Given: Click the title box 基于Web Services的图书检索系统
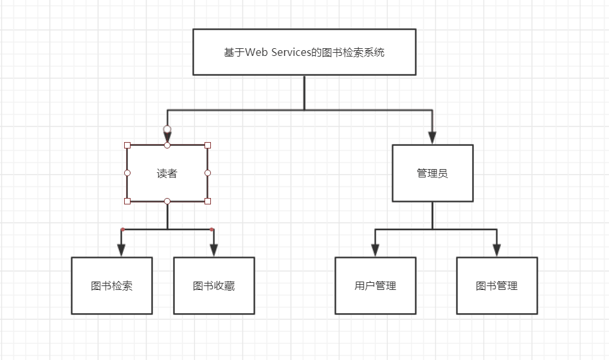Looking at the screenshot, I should (304, 52).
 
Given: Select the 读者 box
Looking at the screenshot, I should (167, 173).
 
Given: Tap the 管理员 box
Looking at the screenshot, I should (432, 173).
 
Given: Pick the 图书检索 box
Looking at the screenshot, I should (112, 285).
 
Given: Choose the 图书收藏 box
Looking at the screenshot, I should (214, 285).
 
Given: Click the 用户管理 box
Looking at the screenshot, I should (375, 285).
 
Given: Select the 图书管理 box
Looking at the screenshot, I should (496, 285).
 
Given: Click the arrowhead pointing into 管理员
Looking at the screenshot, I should (432, 138).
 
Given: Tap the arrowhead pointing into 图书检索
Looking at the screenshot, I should (120, 250).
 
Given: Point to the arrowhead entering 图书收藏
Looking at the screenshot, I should (214, 250).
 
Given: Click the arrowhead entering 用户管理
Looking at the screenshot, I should (375, 250).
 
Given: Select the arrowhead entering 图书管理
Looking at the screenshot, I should (496, 250).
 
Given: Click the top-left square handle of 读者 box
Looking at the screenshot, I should (127, 145).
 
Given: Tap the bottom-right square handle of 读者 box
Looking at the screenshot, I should (208, 201).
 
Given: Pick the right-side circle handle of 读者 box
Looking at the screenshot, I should (208, 173).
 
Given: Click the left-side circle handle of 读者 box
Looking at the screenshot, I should (127, 173).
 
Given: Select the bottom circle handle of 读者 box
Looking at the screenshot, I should (167, 201).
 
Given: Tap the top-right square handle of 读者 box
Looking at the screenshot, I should (208, 145).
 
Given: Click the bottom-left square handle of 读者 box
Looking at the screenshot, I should (127, 201).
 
